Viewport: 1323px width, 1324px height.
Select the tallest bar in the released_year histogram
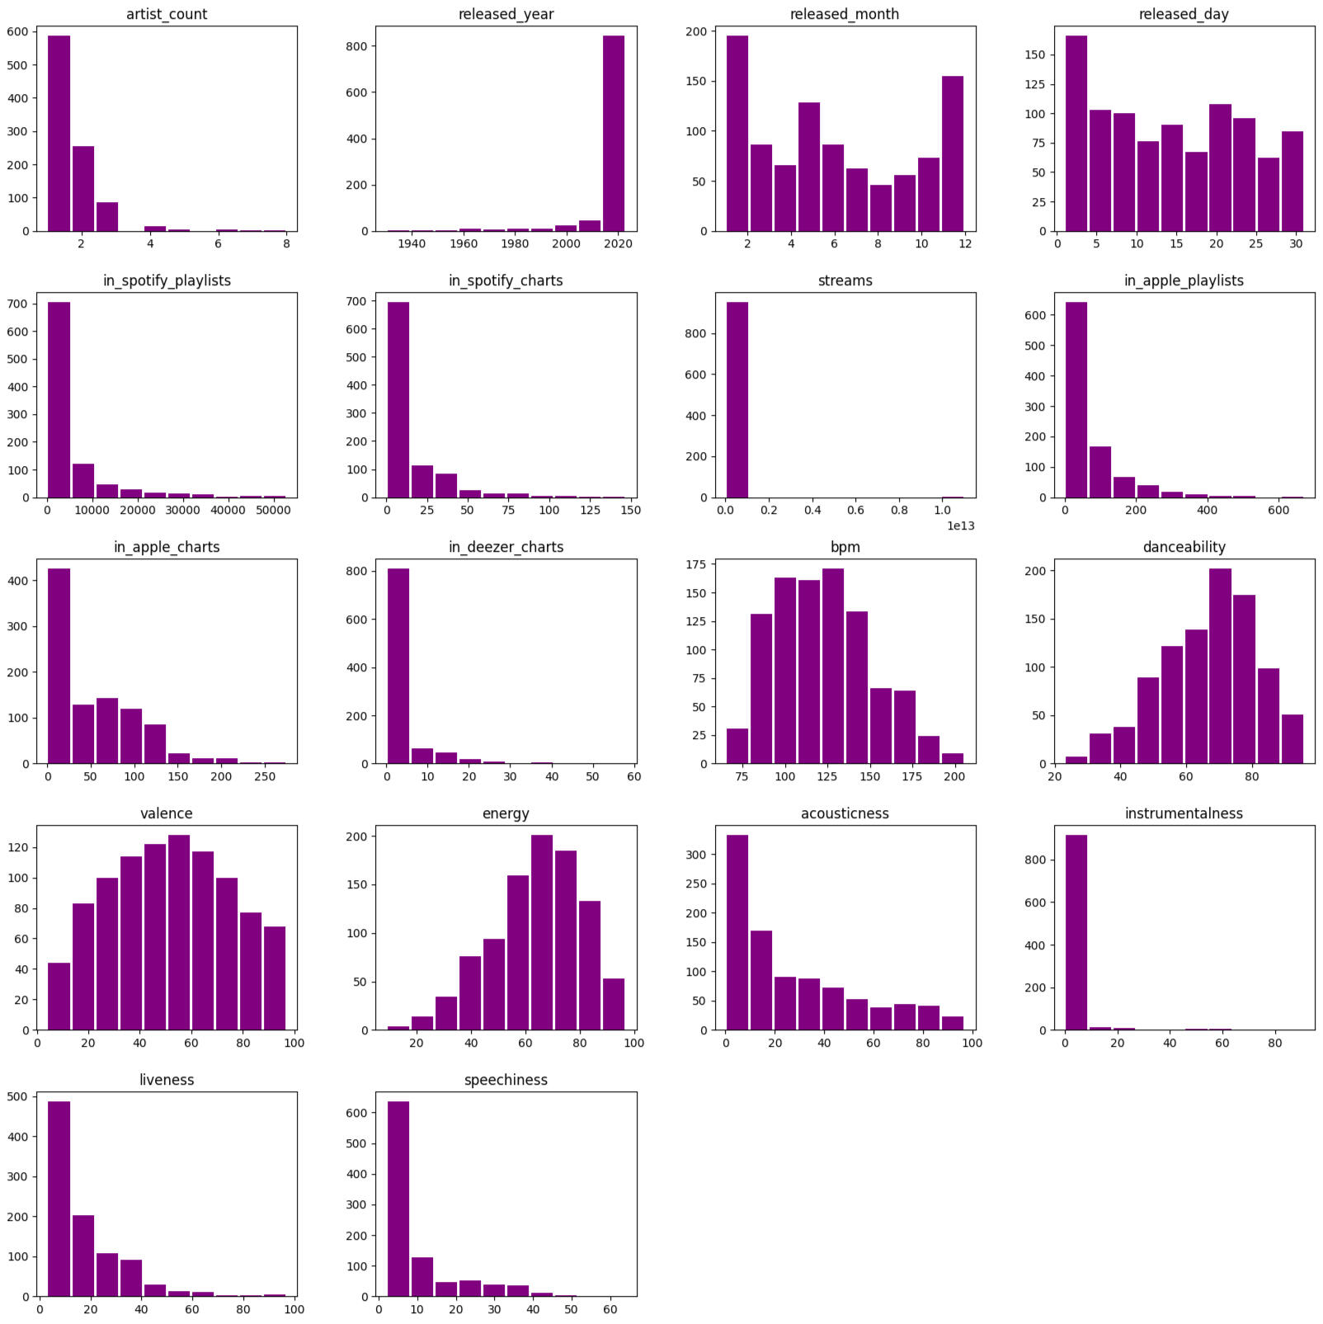click(614, 134)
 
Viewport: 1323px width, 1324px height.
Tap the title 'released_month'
click(845, 14)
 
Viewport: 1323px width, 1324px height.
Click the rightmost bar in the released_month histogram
click(953, 153)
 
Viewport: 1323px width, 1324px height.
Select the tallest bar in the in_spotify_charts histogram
click(398, 400)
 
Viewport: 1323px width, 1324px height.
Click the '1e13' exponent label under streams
click(960, 525)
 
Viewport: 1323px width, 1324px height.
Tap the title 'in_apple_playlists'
click(1184, 280)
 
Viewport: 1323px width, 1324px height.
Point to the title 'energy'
click(506, 813)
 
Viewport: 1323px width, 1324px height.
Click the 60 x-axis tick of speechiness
click(610, 1309)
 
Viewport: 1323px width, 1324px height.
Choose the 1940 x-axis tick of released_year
click(412, 243)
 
